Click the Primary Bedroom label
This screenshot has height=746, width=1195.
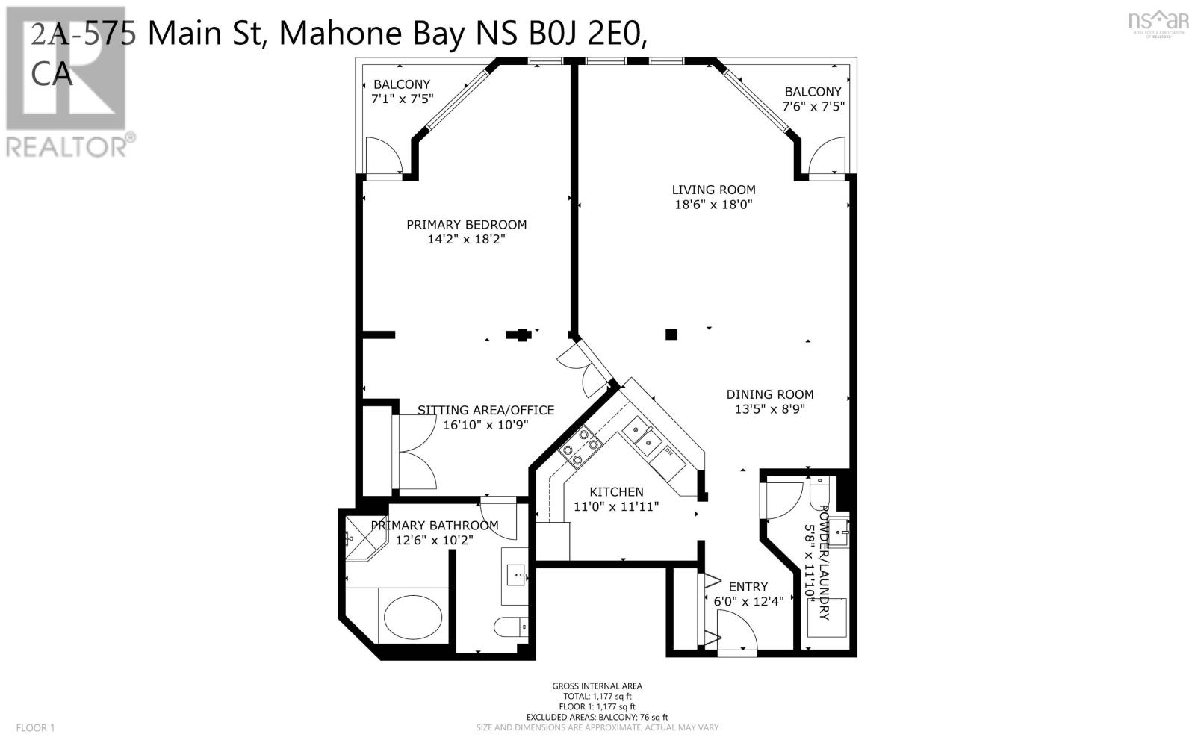click(466, 225)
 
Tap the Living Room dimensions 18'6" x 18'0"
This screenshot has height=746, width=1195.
click(713, 205)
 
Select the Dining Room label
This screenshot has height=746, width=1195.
click(769, 394)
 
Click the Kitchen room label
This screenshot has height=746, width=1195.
click(616, 492)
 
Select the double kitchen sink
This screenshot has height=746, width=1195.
click(639, 435)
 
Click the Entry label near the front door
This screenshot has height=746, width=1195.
click(748, 587)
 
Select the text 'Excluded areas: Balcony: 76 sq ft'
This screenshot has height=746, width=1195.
click(597, 717)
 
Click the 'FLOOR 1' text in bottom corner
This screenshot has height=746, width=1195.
click(35, 727)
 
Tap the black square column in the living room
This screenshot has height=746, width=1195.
click(671, 335)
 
